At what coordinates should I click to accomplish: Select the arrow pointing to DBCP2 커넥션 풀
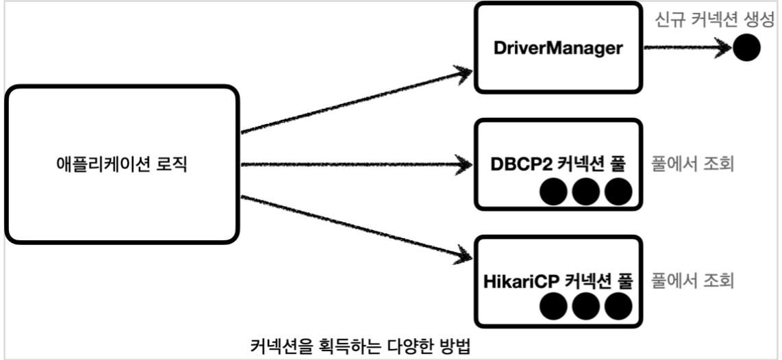click(356, 165)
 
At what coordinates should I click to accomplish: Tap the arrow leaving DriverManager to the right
click(685, 49)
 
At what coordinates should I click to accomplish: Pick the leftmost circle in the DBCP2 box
click(553, 192)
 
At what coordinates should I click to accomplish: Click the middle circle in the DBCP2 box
click(585, 192)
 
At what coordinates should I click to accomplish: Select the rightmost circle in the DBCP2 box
click(617, 192)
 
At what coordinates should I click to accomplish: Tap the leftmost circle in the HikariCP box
click(553, 308)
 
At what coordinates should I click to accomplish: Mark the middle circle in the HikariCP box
click(585, 308)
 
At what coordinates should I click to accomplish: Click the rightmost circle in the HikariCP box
click(617, 308)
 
